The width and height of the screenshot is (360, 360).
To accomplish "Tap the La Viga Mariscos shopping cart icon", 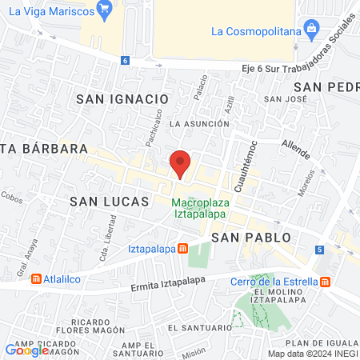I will [x=103, y=10].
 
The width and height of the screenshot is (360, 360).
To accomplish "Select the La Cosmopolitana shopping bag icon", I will [x=312, y=31].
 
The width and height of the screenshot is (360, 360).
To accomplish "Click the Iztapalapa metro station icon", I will [x=183, y=248].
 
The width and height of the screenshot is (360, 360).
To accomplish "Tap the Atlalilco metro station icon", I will [x=36, y=279].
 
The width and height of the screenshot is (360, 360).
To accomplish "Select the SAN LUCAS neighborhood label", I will [x=109, y=202].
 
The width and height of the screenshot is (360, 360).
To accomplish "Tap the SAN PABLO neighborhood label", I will [x=251, y=238].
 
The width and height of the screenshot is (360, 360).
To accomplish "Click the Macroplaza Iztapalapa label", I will [x=201, y=209].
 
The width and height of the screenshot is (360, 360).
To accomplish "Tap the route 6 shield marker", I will [x=125, y=61].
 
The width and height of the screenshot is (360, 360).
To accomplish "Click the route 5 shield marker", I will [x=320, y=250].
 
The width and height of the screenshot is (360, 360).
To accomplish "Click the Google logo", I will [x=26, y=350].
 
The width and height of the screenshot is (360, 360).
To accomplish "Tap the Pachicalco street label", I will [x=154, y=129].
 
